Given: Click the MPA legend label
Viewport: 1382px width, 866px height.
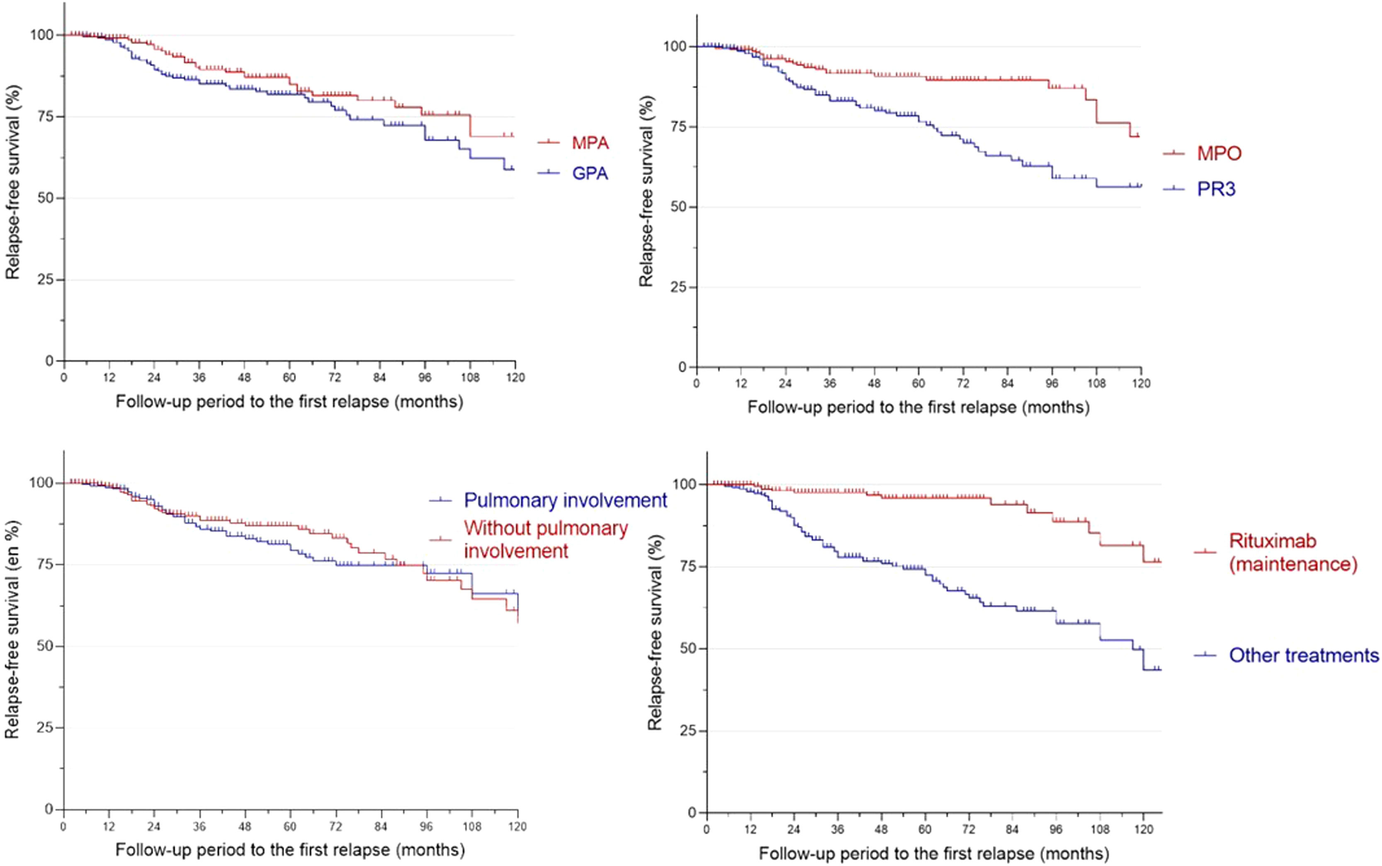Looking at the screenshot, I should tap(590, 142).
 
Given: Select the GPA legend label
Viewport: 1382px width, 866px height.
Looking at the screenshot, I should tap(590, 173).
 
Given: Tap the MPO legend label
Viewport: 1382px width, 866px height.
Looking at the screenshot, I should tap(1219, 153).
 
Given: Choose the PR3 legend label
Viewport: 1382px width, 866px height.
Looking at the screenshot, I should tap(1216, 189).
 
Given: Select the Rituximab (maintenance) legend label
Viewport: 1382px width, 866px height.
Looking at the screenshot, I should tap(1293, 553).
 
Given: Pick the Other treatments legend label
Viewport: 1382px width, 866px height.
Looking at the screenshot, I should tap(1304, 655).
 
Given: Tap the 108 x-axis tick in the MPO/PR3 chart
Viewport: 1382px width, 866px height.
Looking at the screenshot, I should tap(1096, 383).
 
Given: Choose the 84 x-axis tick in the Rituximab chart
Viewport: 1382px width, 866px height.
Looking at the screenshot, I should tap(1012, 830).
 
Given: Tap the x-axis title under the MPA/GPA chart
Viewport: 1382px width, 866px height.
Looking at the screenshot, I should tap(289, 402).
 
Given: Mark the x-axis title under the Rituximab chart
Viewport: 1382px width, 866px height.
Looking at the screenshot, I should tap(933, 854).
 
